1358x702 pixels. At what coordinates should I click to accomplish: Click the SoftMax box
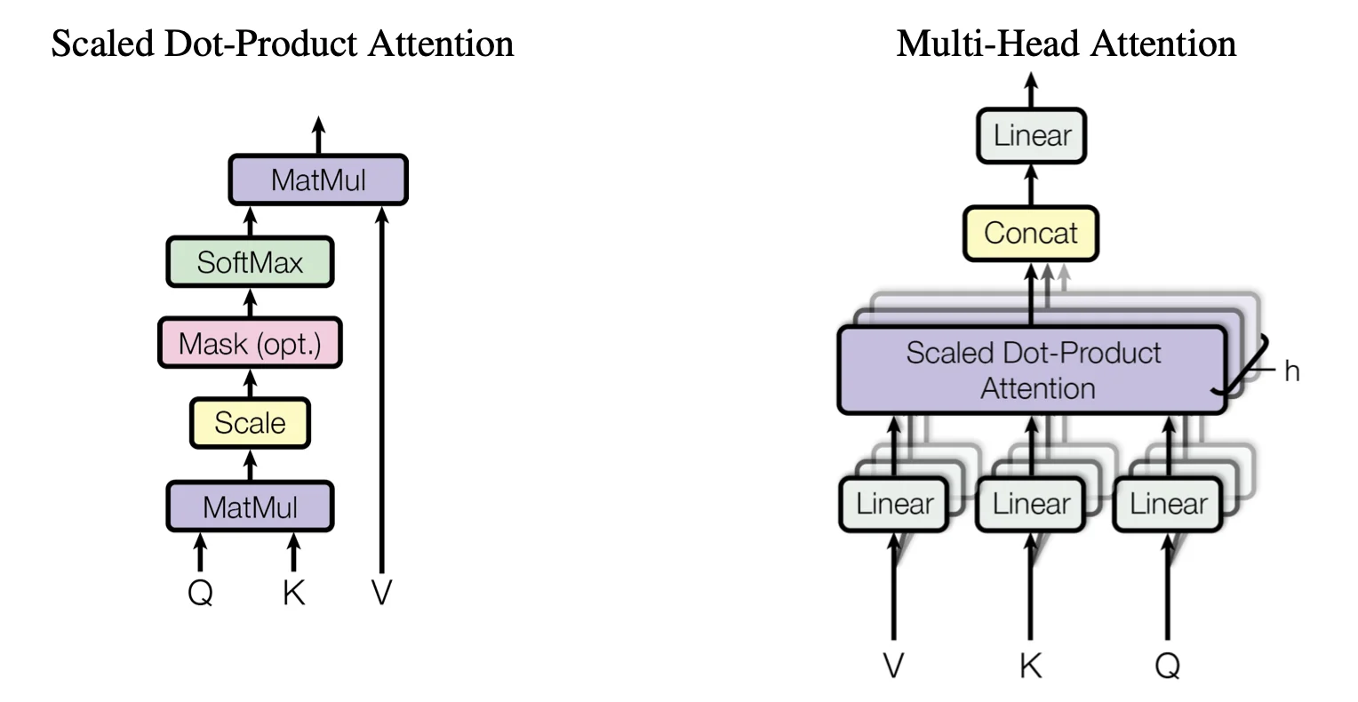250,262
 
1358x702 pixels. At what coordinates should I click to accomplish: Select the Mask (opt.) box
250,343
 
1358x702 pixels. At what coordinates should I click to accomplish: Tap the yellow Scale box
250,423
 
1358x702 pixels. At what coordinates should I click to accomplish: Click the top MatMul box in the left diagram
318,180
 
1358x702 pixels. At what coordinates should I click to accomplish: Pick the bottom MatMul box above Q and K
250,507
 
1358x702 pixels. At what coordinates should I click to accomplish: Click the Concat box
1031,233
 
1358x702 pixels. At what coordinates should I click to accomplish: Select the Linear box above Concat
1031,136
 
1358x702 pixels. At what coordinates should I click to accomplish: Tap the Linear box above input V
894,504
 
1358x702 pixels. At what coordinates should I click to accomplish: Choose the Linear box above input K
1031,504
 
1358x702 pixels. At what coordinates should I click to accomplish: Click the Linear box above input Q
1168,504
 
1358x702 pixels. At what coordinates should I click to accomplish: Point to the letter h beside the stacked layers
1291,371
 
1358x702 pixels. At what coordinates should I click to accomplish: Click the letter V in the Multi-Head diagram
894,665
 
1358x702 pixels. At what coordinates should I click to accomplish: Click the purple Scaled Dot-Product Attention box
1032,371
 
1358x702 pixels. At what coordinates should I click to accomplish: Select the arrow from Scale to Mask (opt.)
250,384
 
